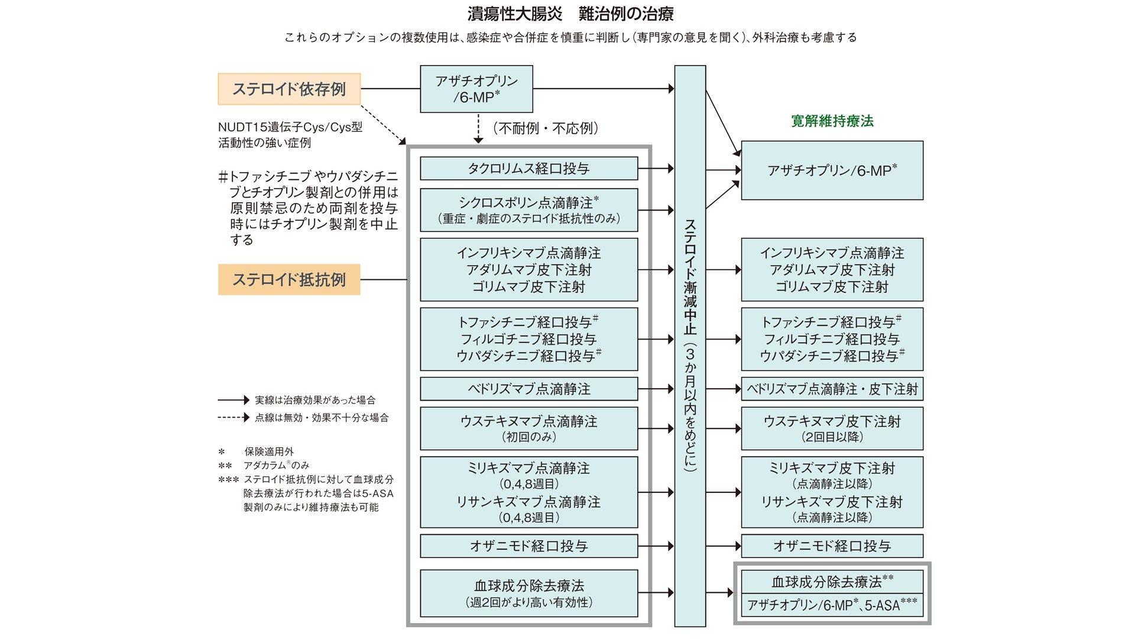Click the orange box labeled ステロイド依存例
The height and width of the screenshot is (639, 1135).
[289, 89]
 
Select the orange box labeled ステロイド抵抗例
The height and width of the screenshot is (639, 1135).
[289, 280]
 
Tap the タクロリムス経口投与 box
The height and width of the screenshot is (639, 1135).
[528, 169]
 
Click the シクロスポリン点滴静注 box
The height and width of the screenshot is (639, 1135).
[528, 210]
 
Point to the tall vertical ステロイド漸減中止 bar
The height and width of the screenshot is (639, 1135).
[690, 346]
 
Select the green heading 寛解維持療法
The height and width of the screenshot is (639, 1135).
[832, 121]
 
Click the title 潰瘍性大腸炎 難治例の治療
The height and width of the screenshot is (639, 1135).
[570, 14]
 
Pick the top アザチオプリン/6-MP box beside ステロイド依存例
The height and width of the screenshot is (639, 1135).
[476, 89]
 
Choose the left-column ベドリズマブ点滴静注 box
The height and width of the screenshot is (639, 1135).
[528, 389]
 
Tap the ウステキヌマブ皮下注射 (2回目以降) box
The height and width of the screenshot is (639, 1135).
[832, 428]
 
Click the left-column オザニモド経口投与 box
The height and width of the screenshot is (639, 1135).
[528, 546]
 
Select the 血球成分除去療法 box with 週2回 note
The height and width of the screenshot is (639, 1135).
[528, 593]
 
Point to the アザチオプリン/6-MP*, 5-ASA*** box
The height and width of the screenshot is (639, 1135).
[832, 605]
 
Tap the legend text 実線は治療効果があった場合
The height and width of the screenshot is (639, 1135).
[314, 401]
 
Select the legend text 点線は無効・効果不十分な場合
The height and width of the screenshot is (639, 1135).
[322, 418]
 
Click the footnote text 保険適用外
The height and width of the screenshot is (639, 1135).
[269, 451]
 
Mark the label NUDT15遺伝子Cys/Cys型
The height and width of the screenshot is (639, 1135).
[290, 127]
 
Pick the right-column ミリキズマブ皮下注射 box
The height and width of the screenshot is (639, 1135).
[832, 492]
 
